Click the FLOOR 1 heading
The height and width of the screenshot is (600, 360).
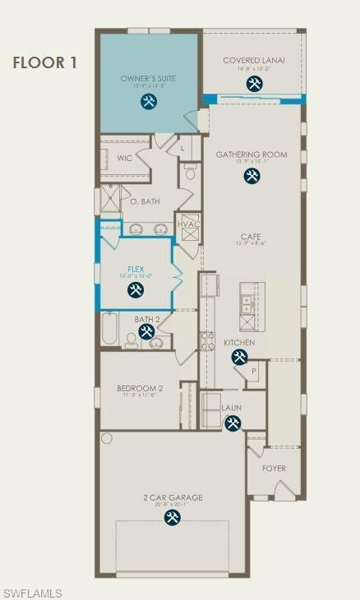45,62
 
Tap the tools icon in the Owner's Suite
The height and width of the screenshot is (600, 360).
149,102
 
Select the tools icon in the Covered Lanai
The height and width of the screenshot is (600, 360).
255,84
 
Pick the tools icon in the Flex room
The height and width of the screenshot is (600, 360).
136,289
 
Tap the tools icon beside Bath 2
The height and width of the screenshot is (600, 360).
147,331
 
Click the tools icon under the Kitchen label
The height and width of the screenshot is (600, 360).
239,357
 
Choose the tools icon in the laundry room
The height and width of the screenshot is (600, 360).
233,422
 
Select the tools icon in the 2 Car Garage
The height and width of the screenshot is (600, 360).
173,517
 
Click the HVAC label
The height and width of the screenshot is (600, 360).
189,224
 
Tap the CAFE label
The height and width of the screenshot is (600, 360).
251,236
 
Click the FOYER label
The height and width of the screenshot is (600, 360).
274,468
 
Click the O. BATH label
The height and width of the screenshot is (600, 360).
145,200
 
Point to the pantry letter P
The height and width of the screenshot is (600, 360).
254,371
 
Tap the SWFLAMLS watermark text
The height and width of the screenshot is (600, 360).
32,593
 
